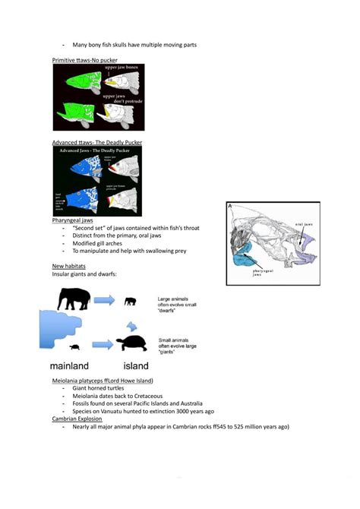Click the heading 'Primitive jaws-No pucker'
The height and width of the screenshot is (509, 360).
(85, 58)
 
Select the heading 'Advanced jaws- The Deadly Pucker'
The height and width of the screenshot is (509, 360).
(96, 142)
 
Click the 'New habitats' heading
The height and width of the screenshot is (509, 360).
(68, 266)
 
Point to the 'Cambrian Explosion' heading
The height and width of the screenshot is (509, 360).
(77, 419)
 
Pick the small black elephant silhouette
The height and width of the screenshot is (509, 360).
(131, 302)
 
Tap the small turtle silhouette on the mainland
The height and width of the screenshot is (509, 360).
(76, 349)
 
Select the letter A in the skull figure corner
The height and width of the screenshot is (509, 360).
(230, 205)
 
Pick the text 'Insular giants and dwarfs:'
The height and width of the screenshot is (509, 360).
(84, 273)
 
